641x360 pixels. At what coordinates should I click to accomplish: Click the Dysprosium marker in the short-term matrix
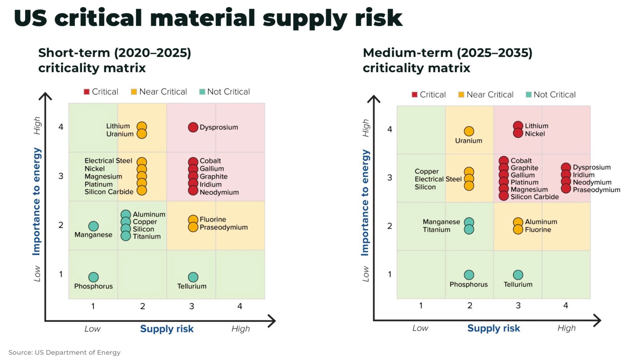click(x=193, y=127)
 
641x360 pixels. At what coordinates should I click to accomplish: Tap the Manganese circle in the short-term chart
click(x=93, y=226)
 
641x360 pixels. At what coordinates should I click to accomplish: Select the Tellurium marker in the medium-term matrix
click(x=518, y=275)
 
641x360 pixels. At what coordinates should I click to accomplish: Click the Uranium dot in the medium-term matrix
click(x=469, y=131)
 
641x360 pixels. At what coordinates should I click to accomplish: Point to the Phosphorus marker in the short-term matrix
click(x=93, y=277)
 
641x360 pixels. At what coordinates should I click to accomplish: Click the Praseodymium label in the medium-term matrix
click(x=596, y=190)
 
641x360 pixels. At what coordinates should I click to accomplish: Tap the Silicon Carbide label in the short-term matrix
click(x=109, y=192)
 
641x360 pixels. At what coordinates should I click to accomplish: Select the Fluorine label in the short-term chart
click(x=213, y=219)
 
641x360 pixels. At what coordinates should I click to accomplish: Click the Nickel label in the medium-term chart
click(x=535, y=134)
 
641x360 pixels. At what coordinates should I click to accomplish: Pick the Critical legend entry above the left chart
click(x=101, y=92)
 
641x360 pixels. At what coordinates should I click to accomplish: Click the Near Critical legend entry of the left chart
click(x=159, y=92)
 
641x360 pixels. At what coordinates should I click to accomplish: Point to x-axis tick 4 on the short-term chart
click(x=240, y=306)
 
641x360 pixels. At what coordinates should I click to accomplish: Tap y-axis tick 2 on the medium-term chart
click(x=389, y=226)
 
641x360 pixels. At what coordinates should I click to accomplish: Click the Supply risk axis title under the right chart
click(x=493, y=328)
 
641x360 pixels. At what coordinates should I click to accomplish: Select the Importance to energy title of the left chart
click(x=36, y=201)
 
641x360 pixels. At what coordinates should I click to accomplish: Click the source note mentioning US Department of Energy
click(x=65, y=352)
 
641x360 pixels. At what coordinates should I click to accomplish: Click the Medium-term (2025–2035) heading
click(x=447, y=53)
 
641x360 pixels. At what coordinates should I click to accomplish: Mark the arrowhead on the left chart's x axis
click(x=272, y=321)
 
